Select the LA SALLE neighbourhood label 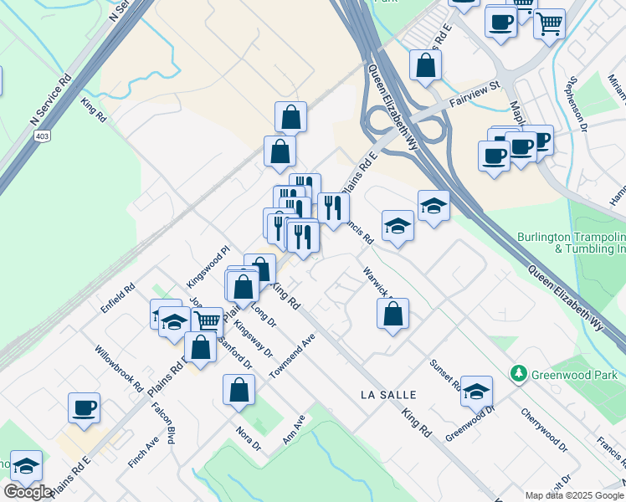click(x=387, y=393)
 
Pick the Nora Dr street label click(x=249, y=439)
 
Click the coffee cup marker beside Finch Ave click(x=84, y=407)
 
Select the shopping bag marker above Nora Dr click(x=239, y=389)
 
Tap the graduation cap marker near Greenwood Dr click(x=476, y=391)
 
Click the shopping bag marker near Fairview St click(x=425, y=65)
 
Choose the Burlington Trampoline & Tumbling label click(x=572, y=243)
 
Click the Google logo click(x=28, y=492)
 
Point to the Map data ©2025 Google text click(x=574, y=495)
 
